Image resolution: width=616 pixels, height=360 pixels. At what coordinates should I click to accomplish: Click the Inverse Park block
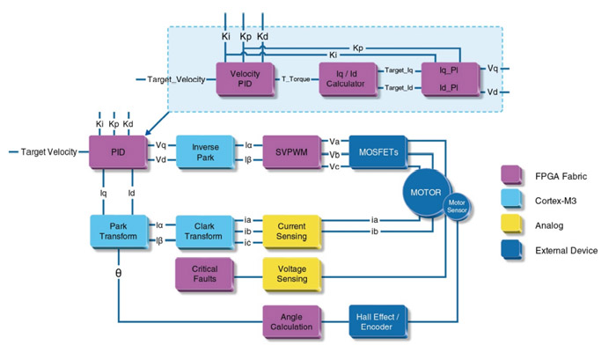point(204,151)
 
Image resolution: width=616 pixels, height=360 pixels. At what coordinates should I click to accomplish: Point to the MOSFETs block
point(378,151)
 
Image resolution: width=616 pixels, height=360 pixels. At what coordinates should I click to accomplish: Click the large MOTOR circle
point(426,192)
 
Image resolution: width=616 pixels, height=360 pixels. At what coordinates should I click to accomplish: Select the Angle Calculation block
point(292,320)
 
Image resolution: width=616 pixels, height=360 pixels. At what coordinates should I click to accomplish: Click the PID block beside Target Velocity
point(117,151)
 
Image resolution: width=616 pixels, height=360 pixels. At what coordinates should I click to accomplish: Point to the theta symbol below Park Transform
point(119,273)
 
